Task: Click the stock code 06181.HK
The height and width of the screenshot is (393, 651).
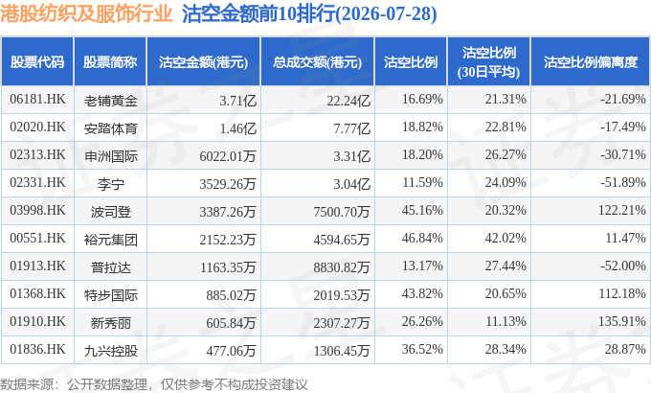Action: coord(37,99)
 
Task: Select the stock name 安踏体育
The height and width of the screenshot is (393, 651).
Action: coord(110,128)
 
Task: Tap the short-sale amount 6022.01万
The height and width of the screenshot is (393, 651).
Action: coord(228,156)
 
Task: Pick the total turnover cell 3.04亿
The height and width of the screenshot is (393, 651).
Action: coord(351,183)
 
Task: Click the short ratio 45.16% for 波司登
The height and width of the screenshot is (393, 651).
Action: coord(422,210)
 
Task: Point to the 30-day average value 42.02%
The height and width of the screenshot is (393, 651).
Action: coord(505,238)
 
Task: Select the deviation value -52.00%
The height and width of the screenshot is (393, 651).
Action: coord(623,266)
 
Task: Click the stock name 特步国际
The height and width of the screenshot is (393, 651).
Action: coord(110,295)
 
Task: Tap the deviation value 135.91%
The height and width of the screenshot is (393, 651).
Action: coord(622,321)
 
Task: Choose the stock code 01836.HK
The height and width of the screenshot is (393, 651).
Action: coord(37,349)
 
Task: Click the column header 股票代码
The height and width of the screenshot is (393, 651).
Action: coord(37,62)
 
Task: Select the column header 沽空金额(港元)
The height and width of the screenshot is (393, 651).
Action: coord(203,62)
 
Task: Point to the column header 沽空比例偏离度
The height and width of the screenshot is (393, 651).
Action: coord(591,62)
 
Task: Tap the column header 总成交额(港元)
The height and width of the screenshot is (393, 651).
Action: coord(317,62)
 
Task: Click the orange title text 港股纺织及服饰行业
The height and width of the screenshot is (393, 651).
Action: coord(86,13)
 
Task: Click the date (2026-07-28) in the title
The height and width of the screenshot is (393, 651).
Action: coord(386,14)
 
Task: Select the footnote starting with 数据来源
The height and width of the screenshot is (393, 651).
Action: coord(153,384)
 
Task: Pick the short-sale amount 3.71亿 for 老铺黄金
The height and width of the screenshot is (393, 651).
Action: coord(237,101)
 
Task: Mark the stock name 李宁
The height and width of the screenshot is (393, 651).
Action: coord(110,184)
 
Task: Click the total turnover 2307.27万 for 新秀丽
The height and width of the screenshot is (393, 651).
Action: coord(341,323)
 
